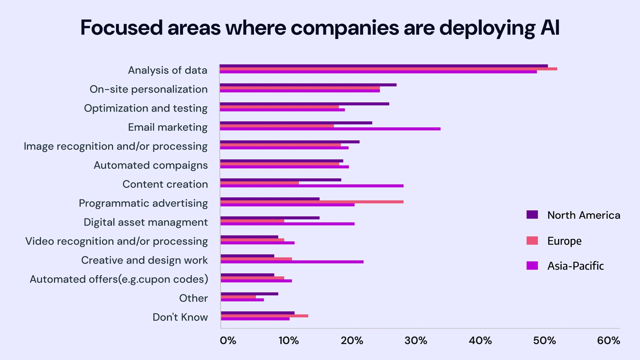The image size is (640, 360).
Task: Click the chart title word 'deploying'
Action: pos(487,28)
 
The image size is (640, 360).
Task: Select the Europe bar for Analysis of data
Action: pos(388,69)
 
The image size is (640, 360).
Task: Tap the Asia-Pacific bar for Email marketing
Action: pos(330,129)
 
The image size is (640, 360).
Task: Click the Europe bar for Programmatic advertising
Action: pos(312,202)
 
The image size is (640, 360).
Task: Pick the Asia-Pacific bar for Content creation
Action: pos(312,186)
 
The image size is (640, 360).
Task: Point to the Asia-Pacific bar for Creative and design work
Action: pos(292,262)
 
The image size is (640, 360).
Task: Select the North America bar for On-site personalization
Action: pos(308,85)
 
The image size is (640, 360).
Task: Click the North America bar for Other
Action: pos(249,294)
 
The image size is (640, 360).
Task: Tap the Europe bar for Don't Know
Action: pos(264,316)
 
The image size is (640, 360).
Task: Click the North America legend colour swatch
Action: pos(532,215)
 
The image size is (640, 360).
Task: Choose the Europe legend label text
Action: pos(564,241)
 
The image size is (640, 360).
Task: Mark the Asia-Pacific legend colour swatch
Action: pos(532,266)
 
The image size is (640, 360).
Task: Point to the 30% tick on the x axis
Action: pos(416,341)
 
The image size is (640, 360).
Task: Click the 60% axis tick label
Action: pos(608,341)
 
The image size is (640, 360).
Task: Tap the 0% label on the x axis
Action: pos(228,341)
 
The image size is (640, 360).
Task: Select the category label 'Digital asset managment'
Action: pos(146,222)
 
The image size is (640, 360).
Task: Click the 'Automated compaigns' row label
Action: pos(151,165)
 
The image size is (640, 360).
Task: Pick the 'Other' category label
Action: pos(193,298)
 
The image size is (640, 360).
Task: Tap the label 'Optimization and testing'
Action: pos(146,108)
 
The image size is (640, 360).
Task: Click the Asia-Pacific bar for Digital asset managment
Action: pos(287,224)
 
